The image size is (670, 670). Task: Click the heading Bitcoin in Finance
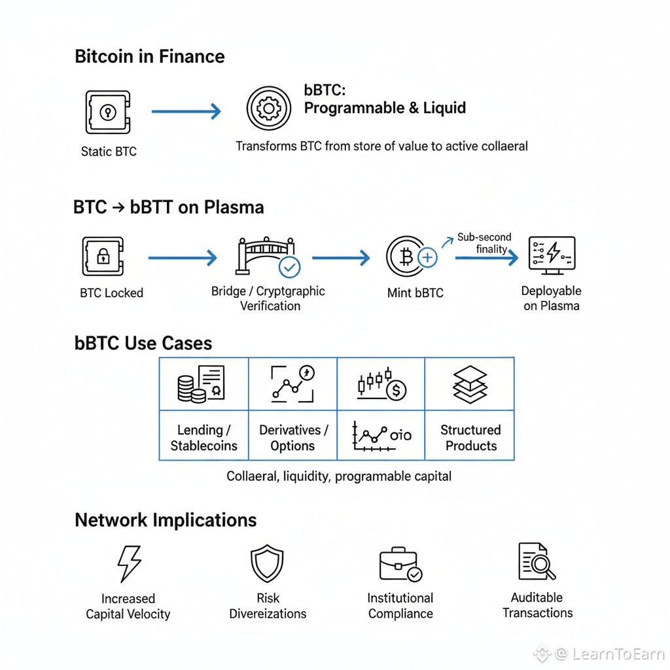[x=150, y=56]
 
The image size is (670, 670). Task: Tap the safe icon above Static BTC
[x=108, y=113]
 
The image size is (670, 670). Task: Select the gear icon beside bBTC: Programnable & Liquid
[x=268, y=108]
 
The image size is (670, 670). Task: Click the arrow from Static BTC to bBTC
[x=186, y=113]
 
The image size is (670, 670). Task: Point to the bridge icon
[x=264, y=255]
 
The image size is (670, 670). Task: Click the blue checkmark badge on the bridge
[x=289, y=267]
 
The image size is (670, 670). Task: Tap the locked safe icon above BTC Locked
[x=103, y=256]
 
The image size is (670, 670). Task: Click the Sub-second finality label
[x=484, y=243]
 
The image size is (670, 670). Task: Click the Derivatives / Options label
[x=293, y=438]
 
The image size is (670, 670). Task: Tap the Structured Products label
[x=470, y=438]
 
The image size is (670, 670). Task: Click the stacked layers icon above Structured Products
[x=470, y=385]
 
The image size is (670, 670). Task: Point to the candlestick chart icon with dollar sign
[x=381, y=385]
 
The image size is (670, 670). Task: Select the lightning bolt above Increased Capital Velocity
[x=128, y=562]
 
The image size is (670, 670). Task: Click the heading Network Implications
[x=166, y=520]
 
